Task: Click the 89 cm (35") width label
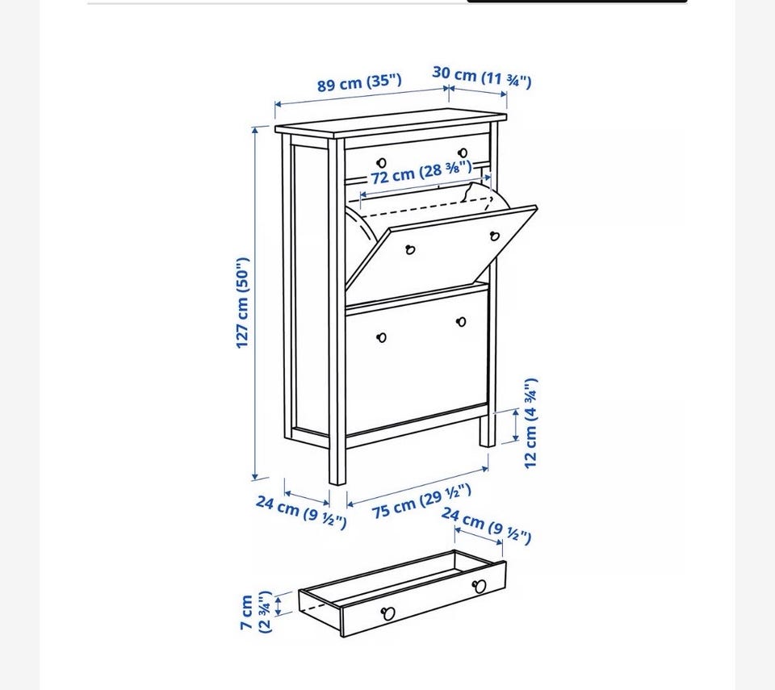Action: (359, 82)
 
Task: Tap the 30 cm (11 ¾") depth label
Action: (482, 77)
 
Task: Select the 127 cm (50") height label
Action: (242, 303)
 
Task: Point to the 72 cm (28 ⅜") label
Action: (421, 173)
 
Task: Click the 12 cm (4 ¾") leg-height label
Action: (530, 423)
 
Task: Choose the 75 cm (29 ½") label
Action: (421, 500)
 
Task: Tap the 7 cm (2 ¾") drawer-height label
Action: (256, 612)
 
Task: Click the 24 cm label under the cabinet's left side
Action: (301, 512)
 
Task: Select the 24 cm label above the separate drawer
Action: (486, 525)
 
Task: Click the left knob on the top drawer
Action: (382, 163)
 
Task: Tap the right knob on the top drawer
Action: (463, 153)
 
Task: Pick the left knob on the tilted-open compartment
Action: (410, 249)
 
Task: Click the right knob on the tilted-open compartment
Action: (495, 236)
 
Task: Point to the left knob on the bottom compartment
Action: (382, 337)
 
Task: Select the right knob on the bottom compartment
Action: (461, 322)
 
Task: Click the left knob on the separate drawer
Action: (388, 613)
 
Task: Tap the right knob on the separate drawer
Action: (479, 587)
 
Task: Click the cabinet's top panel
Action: (391, 123)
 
